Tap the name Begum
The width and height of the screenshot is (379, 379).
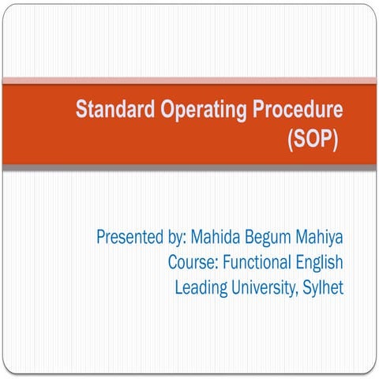(270, 237)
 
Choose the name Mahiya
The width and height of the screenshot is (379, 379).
(321, 237)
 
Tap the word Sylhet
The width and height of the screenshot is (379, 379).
(325, 287)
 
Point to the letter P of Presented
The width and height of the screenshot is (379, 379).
(100, 236)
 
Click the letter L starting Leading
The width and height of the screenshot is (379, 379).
(178, 287)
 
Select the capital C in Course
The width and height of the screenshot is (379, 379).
(173, 261)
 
